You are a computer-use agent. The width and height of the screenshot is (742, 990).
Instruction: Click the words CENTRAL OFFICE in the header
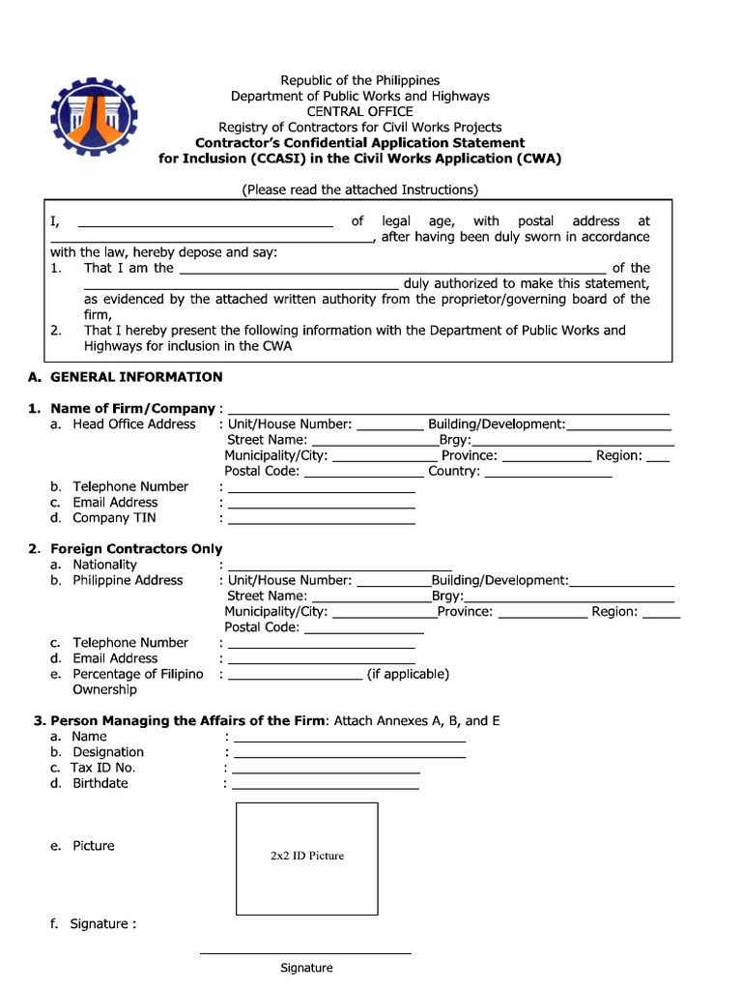tap(359, 111)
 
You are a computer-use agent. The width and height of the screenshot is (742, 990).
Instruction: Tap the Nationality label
tap(104, 565)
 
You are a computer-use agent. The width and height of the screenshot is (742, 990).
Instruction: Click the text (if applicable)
tap(408, 674)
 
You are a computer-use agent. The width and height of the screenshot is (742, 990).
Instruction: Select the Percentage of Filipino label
tap(138, 674)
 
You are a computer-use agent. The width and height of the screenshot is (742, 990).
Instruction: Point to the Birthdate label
tap(100, 783)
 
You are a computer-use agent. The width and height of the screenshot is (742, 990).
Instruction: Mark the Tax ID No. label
tap(103, 768)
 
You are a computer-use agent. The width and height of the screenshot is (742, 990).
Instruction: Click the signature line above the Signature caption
tap(305, 953)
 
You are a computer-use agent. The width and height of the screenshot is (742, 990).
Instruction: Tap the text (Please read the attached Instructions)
tap(359, 189)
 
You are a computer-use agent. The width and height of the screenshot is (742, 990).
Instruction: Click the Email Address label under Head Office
tap(115, 503)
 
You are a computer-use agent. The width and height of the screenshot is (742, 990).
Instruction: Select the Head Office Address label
tap(134, 424)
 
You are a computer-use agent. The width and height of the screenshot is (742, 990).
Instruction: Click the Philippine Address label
tap(128, 580)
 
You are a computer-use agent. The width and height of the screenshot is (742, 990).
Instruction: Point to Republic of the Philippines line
tap(359, 80)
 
